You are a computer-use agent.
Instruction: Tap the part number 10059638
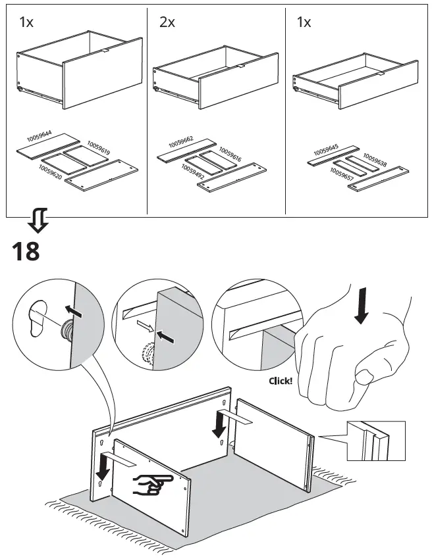[375, 160]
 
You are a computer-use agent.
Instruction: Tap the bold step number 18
[26, 251]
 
